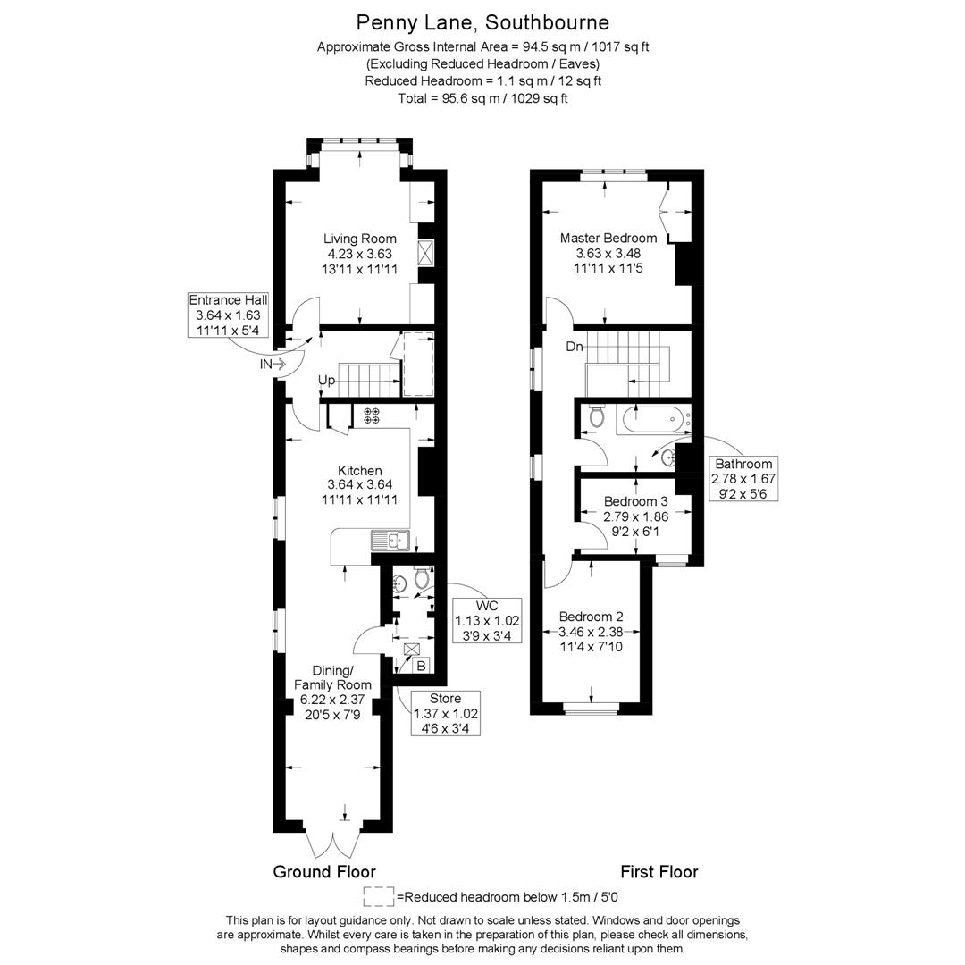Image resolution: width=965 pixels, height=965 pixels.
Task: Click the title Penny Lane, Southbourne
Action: (482, 22)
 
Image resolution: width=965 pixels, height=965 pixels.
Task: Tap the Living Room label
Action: (360, 239)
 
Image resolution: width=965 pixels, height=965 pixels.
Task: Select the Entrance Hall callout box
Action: (228, 315)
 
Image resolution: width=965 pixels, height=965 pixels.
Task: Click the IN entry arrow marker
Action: (273, 365)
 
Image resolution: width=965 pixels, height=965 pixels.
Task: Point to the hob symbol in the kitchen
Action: (372, 415)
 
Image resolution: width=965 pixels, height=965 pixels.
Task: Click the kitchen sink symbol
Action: (390, 541)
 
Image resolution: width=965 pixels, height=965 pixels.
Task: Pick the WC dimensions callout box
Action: (487, 620)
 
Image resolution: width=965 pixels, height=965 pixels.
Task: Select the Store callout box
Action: (446, 713)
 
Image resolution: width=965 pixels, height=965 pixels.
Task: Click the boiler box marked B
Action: (422, 666)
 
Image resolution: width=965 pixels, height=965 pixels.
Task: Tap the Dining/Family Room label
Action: (332, 677)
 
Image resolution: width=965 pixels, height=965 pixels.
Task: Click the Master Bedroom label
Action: (608, 239)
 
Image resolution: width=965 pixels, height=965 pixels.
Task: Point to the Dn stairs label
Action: (575, 347)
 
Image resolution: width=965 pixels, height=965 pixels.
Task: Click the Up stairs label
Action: (326, 381)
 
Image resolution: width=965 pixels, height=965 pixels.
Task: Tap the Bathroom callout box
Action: (743, 479)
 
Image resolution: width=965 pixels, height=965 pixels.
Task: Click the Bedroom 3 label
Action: (636, 501)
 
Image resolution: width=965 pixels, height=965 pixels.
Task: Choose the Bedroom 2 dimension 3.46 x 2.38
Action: (591, 632)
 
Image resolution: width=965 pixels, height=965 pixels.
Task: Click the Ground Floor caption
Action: (324, 872)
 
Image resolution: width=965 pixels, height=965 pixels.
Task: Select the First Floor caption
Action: (659, 872)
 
